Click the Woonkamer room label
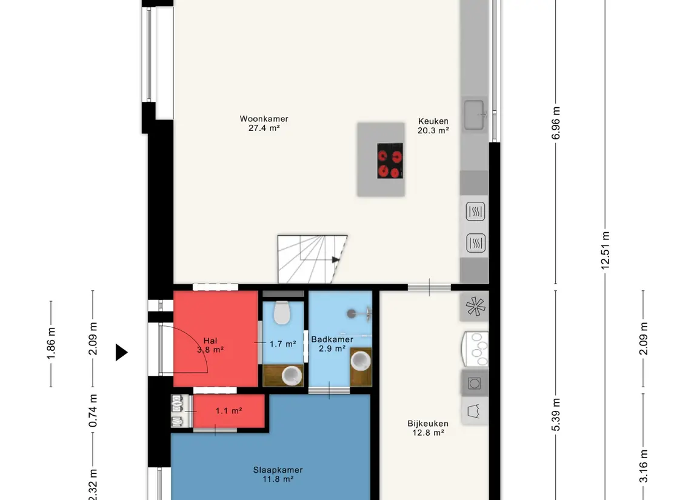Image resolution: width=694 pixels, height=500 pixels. click(264, 119)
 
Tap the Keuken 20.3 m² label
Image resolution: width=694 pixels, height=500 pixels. click(433, 125)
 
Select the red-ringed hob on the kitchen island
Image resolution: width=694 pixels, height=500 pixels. click(390, 161)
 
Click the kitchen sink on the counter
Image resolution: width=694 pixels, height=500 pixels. click(474, 115)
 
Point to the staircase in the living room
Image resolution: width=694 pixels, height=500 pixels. click(312, 259)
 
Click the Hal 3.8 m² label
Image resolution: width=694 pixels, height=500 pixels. click(210, 345)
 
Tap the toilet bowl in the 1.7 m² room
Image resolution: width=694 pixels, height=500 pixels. click(281, 312)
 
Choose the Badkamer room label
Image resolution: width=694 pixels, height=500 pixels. click(332, 339)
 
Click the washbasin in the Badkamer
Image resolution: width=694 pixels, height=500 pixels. click(361, 361)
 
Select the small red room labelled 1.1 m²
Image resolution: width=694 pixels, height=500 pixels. click(229, 411)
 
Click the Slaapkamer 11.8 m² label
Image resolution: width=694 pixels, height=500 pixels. click(278, 475)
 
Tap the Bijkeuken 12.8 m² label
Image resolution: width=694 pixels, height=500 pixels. click(428, 428)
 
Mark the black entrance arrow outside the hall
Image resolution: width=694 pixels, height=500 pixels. click(121, 352)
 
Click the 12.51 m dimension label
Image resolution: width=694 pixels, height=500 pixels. click(605, 250)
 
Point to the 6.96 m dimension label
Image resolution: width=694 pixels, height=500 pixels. click(556, 123)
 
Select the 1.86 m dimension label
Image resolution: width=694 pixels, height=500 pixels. click(51, 344)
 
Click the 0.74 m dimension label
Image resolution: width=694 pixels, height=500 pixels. click(93, 411)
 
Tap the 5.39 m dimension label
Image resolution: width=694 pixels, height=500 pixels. click(556, 415)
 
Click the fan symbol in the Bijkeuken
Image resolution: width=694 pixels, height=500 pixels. click(475, 306)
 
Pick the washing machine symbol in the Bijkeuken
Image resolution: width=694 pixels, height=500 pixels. click(475, 383)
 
